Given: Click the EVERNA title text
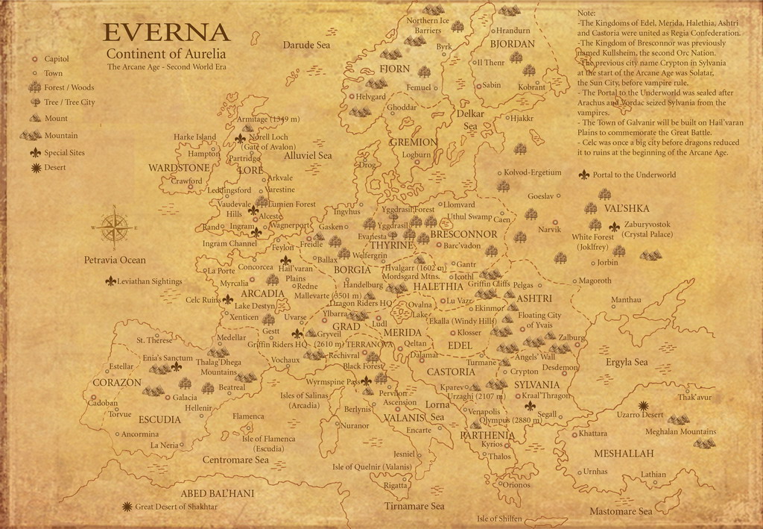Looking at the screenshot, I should coord(166,33).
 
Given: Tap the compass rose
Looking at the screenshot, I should coord(114,227).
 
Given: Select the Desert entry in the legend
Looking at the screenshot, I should coord(54,167).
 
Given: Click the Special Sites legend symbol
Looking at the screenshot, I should coord(36,152).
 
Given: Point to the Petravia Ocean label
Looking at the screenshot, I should coord(115,260).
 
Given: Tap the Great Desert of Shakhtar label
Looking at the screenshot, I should coord(176,507).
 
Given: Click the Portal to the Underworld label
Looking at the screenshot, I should coord(634,175).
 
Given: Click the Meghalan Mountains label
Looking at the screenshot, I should coord(680,431).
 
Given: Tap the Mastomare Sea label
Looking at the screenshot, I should coord(621,511).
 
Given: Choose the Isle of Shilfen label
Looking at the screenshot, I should coord(499,519).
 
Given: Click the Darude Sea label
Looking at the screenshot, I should coord(306,46).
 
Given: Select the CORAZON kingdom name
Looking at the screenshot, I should coord(117,382).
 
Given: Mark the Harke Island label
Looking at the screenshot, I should coord(194,137).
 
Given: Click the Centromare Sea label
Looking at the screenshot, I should coord(235,460).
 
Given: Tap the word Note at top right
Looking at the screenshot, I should coord(586,13).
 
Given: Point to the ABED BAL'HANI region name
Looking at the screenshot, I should coord(218,493).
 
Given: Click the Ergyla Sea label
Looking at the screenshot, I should coord(627,362).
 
